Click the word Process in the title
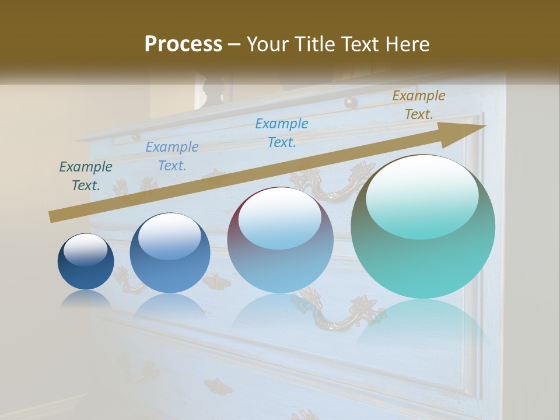pos(183,44)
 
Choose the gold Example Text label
pos(418,105)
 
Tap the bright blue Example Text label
pos(282,132)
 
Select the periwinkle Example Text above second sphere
pos(172,156)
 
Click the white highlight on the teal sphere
pos(422,195)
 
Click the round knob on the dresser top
pos(351,103)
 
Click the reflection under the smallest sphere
pos(86,299)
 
